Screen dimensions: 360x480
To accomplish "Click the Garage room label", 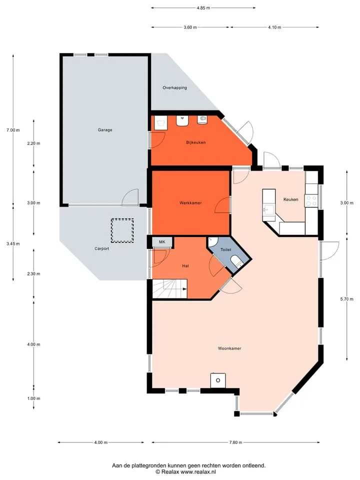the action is click(x=105, y=130).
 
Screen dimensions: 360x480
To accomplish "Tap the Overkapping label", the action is click(x=174, y=87).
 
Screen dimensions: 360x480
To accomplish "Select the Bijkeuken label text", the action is click(x=196, y=142).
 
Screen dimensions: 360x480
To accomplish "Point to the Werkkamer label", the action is click(x=190, y=202).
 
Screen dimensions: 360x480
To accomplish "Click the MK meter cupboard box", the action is click(x=162, y=242).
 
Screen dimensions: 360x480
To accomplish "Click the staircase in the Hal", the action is click(x=169, y=288).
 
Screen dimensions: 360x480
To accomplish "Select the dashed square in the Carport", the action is click(x=122, y=230).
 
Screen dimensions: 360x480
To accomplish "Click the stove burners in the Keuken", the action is click(x=311, y=200).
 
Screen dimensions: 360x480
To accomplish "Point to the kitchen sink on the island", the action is click(x=268, y=209).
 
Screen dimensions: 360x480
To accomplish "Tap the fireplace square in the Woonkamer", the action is click(x=218, y=380).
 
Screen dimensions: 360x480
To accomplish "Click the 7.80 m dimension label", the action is click(x=235, y=442).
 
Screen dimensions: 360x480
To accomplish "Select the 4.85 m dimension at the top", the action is click(x=203, y=8).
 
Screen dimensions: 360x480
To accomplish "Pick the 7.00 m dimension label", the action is click(x=13, y=130).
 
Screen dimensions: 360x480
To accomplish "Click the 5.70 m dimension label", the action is click(x=347, y=299).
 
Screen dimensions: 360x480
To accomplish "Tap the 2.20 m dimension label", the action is click(x=33, y=143).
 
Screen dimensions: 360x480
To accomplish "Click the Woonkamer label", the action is click(x=229, y=348).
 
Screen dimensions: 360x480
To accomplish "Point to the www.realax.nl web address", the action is click(x=198, y=471).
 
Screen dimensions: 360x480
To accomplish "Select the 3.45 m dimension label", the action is click(x=13, y=243).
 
